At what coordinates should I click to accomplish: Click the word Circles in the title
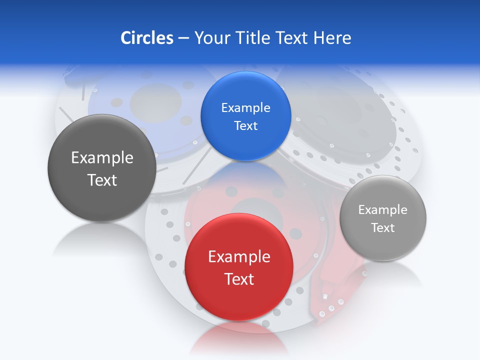tap(146, 38)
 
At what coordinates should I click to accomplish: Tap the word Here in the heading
tap(332, 38)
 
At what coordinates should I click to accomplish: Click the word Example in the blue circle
tap(245, 108)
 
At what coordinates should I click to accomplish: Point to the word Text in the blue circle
tap(245, 126)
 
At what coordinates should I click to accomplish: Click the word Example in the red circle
tap(239, 257)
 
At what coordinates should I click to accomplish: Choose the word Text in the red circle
tap(239, 279)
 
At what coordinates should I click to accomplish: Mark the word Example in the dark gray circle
tap(102, 158)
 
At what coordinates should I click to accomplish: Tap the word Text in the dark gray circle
tap(102, 180)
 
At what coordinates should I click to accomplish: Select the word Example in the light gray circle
tap(382, 210)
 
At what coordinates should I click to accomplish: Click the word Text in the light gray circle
tap(383, 228)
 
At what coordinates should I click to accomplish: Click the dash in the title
tap(183, 38)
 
